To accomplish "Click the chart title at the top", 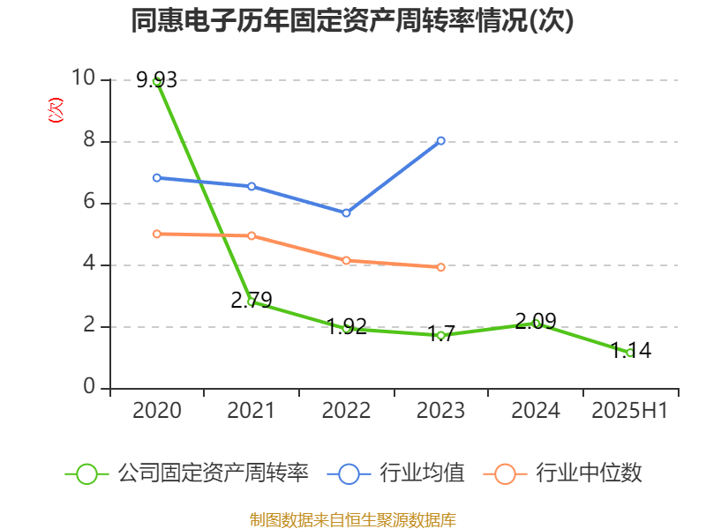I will [352, 21].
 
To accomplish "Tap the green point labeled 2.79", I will [252, 302].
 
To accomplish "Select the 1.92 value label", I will [346, 326].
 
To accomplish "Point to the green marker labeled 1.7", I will [441, 335].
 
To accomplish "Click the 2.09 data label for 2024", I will [536, 321].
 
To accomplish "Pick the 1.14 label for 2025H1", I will [630, 350].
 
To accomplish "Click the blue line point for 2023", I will [441, 141].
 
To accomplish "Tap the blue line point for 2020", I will [157, 178].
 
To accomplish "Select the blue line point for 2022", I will [346, 213].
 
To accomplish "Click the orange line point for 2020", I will [157, 234].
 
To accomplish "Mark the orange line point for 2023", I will [441, 267].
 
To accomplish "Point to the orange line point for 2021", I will [252, 236].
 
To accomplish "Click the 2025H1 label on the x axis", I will [630, 411].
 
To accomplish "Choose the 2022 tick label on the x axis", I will [346, 411].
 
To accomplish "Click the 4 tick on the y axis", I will [89, 264].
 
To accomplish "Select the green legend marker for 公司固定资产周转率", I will [86, 473].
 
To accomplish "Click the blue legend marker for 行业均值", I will [349, 473].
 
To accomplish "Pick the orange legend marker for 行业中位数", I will [505, 473].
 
